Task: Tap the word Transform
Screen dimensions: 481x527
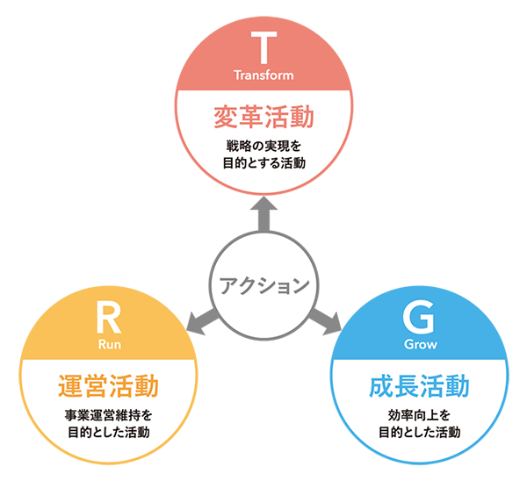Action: pos(263,75)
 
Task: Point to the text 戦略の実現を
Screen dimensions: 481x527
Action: pos(263,144)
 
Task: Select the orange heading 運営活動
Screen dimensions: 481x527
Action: pos(108,385)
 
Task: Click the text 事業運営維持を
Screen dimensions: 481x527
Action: pos(108,414)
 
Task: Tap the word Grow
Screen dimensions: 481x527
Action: pos(420,344)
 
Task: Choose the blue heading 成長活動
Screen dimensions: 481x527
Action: pos(419,385)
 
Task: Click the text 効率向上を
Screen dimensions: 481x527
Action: pos(419,414)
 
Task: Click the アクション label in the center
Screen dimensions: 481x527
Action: pos(263,285)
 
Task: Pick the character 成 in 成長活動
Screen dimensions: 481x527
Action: pos(381,385)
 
